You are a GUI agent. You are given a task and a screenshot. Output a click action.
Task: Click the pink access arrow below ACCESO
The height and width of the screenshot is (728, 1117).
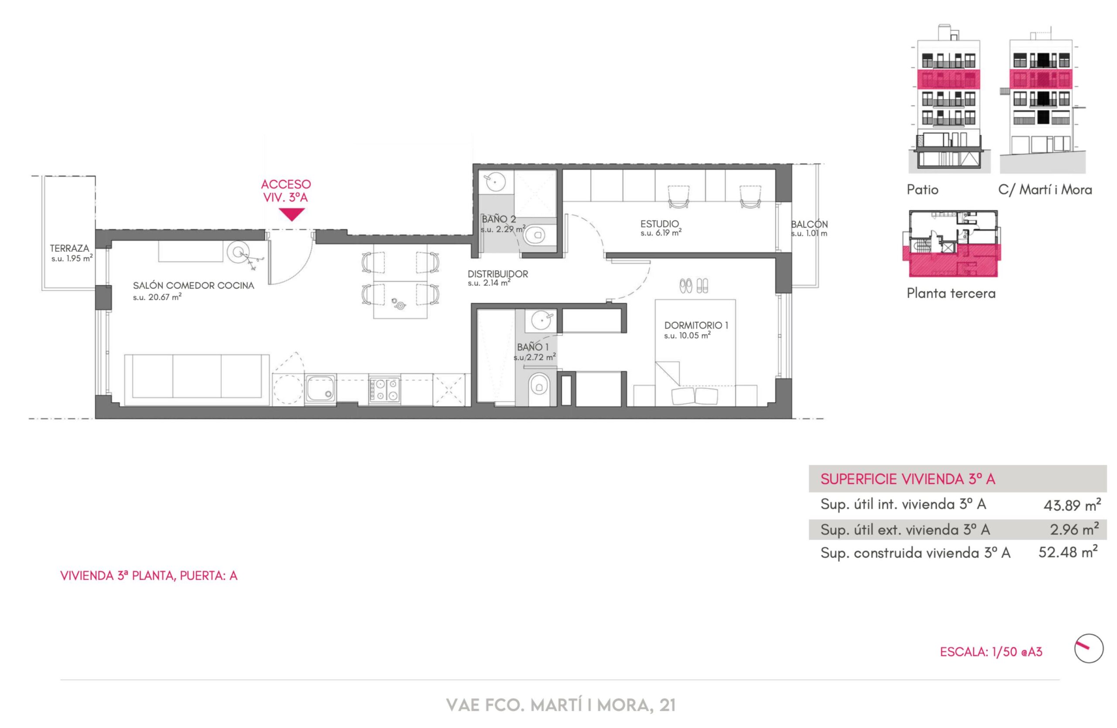[292, 214]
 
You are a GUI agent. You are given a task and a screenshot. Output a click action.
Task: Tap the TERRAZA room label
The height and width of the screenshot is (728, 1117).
[69, 248]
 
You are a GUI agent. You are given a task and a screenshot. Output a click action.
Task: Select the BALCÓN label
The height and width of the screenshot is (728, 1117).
[809, 224]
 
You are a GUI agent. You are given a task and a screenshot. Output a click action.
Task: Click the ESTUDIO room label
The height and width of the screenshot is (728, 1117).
[659, 224]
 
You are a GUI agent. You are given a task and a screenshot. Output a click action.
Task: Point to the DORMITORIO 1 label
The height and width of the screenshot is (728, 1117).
[696, 325]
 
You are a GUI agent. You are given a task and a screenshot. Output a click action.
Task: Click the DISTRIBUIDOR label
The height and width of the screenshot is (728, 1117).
[497, 274]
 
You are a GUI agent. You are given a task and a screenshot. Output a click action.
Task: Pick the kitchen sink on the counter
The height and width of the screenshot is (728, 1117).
[321, 389]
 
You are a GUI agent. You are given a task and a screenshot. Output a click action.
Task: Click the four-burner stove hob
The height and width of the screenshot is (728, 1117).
[385, 390]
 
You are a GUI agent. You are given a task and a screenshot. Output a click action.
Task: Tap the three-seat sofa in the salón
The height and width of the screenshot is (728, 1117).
[197, 380]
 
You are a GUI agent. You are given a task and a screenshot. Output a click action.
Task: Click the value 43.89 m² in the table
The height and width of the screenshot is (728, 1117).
[1072, 505]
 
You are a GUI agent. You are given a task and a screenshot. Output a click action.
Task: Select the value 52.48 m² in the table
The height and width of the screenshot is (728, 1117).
[1068, 552]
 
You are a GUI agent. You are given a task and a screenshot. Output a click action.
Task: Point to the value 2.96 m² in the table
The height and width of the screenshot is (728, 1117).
[1074, 529]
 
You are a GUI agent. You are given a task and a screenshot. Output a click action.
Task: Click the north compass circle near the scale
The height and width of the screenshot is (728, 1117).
[1089, 648]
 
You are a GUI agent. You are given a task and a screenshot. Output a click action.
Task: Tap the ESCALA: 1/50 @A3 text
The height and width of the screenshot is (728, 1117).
[991, 652]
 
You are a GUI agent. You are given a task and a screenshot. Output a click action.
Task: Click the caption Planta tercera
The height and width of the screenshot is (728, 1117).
[951, 293]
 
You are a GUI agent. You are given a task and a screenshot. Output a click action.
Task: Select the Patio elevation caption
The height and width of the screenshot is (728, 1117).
[922, 189]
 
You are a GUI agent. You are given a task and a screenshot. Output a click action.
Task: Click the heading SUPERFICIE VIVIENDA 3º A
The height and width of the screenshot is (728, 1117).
[908, 479]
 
